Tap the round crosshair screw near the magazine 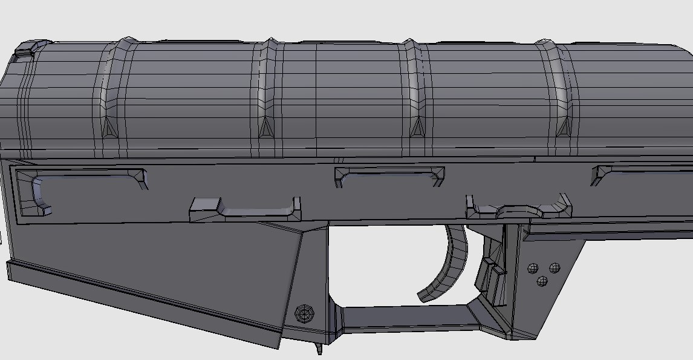(304, 313)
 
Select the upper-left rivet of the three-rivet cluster (533, 267)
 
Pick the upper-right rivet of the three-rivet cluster (554, 267)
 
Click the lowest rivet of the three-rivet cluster (542, 281)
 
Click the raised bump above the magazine (245, 209)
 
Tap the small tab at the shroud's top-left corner (25, 49)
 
